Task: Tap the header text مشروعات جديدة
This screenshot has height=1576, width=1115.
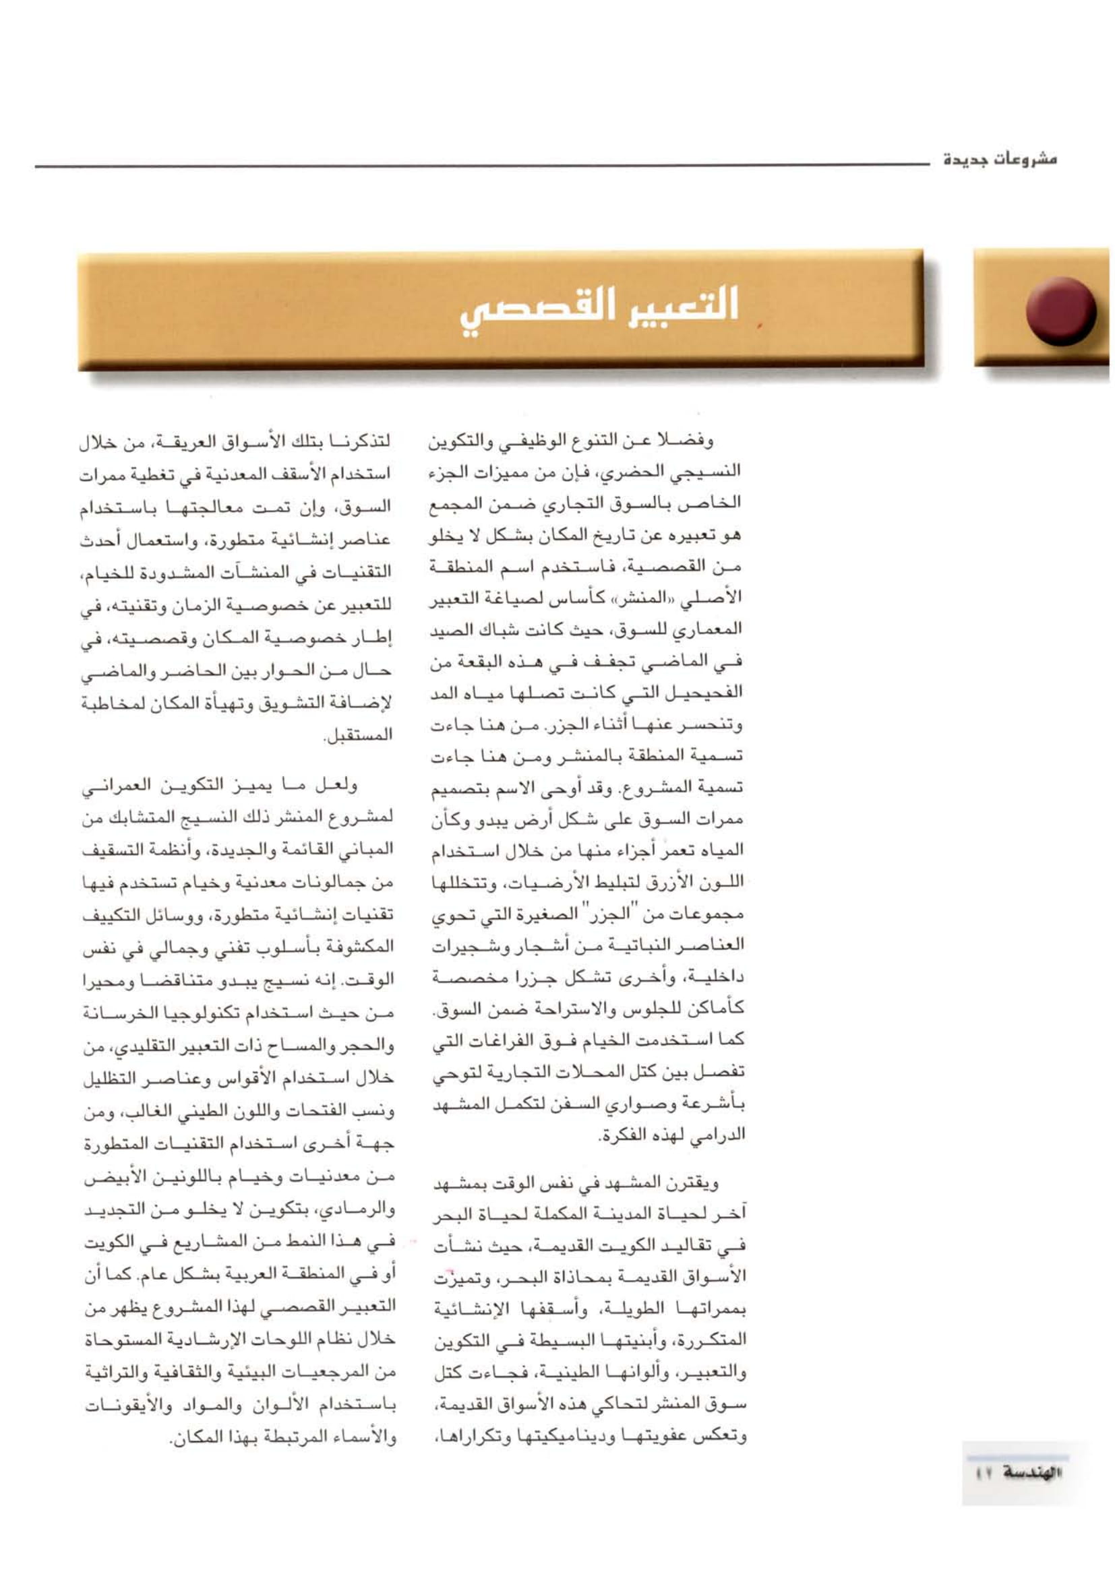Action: (1000, 160)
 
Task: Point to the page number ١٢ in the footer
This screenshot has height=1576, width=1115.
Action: (982, 1472)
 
